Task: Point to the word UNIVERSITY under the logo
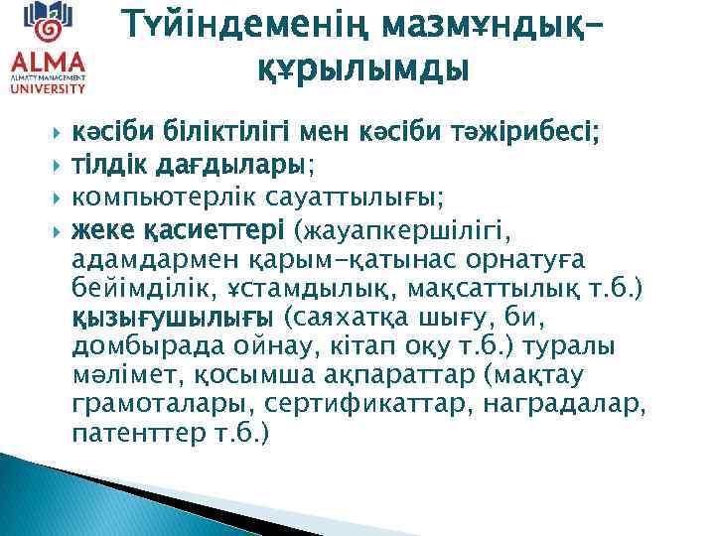coord(47,88)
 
